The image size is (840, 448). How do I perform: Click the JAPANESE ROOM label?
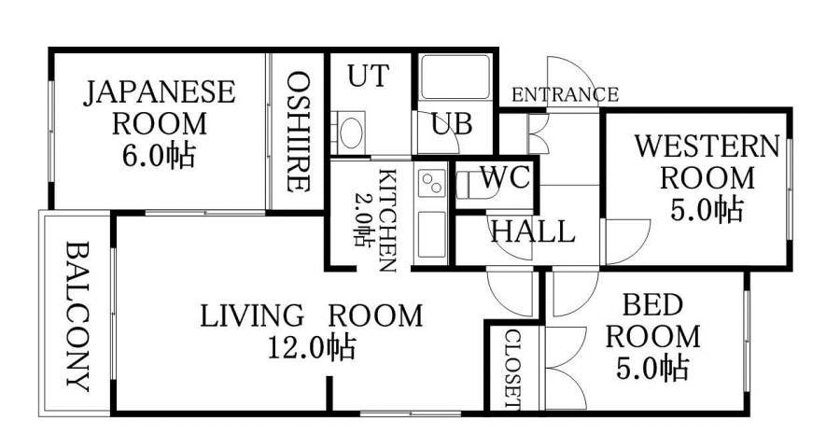161,106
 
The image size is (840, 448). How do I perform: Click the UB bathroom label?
451,123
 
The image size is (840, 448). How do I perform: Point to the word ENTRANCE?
565,94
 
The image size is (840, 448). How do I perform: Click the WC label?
505,177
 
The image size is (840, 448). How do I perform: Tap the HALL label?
532,231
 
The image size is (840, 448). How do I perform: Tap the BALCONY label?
78,316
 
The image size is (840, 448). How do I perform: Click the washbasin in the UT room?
351,132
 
